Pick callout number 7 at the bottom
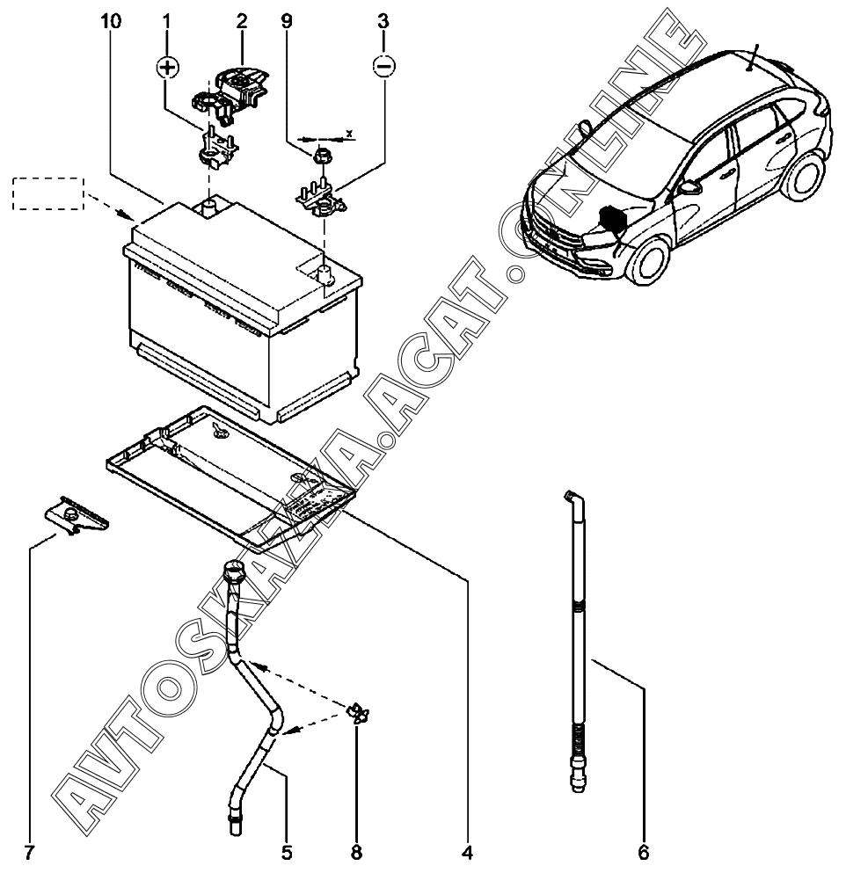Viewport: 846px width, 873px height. coord(31,852)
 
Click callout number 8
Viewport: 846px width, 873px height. coord(356,852)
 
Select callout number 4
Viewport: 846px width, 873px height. coord(467,852)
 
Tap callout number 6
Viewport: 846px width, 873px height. coord(644,852)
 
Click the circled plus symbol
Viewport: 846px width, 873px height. coord(168,69)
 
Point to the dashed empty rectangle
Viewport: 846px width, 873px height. coord(47,193)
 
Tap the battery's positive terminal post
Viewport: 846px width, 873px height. coord(209,207)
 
